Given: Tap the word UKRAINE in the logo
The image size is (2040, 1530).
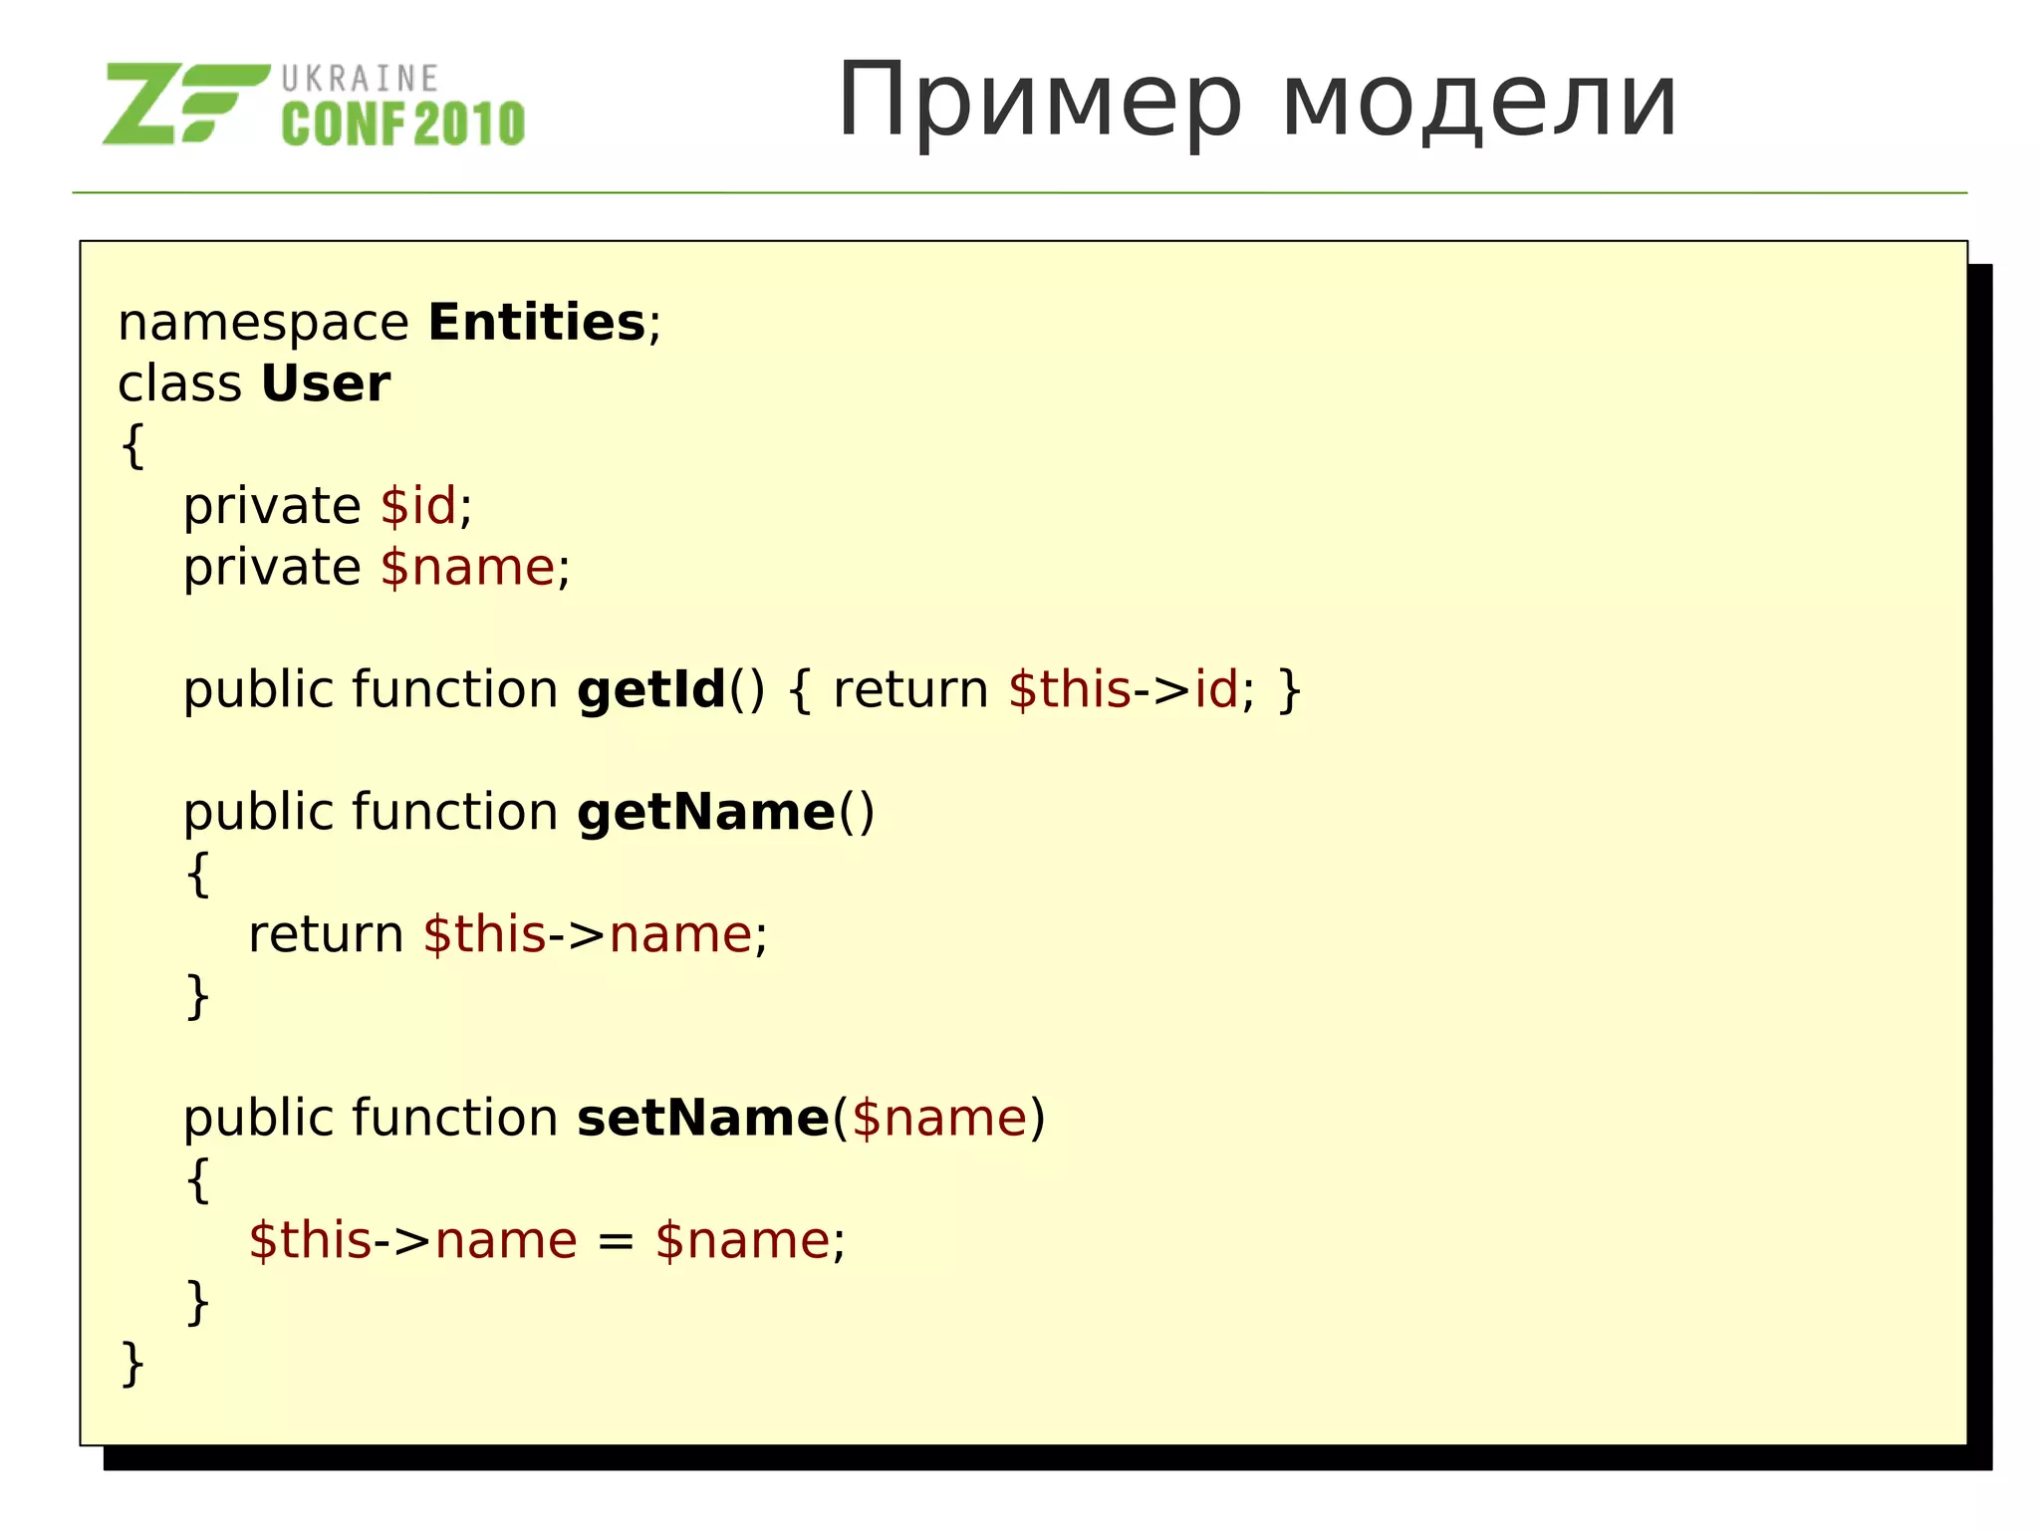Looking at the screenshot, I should tap(360, 79).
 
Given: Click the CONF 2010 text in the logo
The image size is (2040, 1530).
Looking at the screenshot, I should tap(402, 125).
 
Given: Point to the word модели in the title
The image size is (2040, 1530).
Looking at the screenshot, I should tap(1479, 102).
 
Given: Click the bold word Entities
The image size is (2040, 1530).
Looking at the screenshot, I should tap(537, 323).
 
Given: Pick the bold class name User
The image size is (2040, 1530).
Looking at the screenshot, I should tap(326, 383).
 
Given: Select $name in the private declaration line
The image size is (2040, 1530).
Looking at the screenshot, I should tap(467, 568).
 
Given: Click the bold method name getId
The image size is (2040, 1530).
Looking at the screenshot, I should tap(651, 690).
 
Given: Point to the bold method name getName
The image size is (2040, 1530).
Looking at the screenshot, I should tap(705, 813).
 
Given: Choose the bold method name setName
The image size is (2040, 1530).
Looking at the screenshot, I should tap(702, 1119).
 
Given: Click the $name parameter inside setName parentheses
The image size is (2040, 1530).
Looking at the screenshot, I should tap(939, 1119).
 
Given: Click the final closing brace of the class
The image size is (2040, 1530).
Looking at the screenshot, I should tap(131, 1363).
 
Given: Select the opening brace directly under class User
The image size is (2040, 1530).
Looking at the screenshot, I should tap(131, 445).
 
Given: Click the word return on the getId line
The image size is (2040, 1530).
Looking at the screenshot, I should tap(910, 690).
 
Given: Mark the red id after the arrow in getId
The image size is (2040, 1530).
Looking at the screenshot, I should tap(1216, 690).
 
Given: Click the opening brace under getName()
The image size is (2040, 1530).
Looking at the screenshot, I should tap(197, 875).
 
